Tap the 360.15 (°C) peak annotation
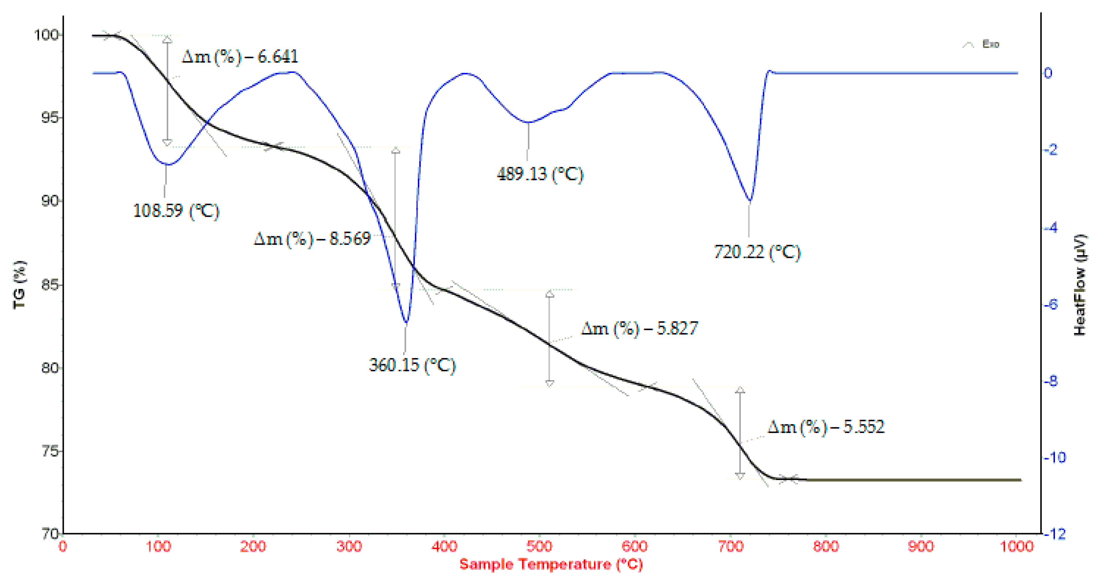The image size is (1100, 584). [412, 365]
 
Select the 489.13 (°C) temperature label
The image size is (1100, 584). [540, 174]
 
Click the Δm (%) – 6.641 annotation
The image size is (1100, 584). [240, 57]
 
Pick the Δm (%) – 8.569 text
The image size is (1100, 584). [312, 239]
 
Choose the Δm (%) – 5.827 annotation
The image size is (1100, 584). [639, 329]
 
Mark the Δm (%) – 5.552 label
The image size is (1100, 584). [825, 427]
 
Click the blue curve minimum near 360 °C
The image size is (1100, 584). [406, 322]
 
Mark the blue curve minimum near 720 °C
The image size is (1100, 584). [750, 201]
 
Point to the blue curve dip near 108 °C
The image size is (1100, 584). [169, 164]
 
